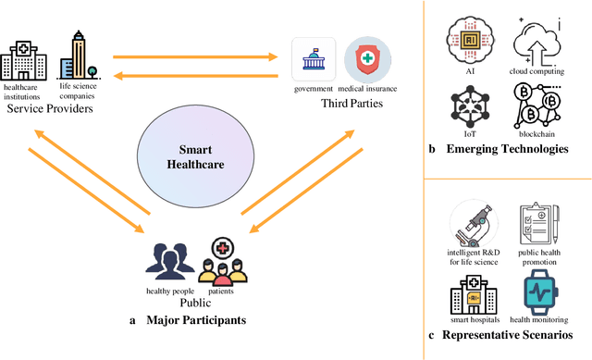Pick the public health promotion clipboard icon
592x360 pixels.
pos(538,225)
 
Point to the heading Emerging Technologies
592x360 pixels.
pos(508,149)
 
